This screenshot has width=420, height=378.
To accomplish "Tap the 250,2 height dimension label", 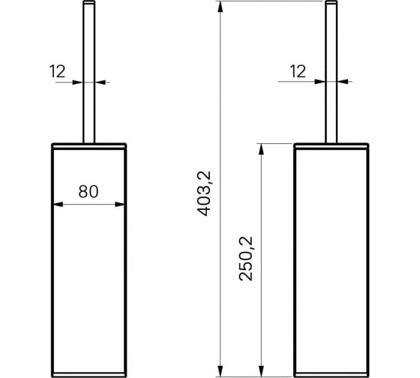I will click(246, 259).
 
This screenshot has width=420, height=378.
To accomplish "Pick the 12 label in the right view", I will click(297, 71).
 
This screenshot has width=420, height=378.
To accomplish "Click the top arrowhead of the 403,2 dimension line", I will click(220, 7).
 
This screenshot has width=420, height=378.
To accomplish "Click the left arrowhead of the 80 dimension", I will click(56, 203).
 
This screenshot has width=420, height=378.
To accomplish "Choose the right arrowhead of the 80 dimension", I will click(121, 203).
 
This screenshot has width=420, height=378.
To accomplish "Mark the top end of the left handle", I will click(88, 4).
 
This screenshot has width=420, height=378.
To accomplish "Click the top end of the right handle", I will click(330, 4).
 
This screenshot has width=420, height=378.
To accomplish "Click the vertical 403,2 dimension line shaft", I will click(220, 112).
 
